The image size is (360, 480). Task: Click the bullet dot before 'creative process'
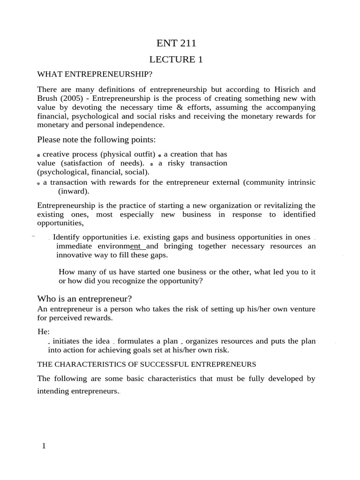(39, 155)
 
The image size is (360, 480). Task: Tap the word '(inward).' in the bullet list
(73, 191)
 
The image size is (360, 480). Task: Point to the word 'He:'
(44, 332)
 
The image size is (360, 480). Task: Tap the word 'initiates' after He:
(67, 341)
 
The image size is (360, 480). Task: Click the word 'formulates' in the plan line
(142, 341)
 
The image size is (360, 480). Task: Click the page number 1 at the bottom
(44, 446)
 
